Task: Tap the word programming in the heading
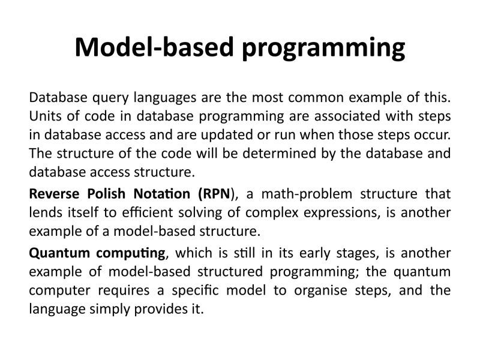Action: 323,48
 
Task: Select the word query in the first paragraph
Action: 110,97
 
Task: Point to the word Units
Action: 44,116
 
